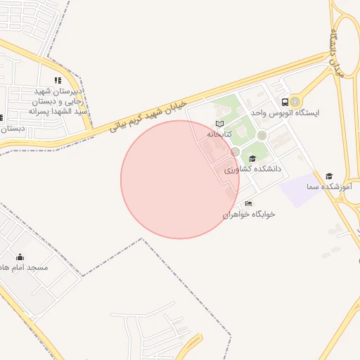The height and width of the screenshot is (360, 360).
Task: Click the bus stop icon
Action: [x=285, y=102]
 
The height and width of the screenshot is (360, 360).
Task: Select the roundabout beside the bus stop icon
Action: [x=295, y=102]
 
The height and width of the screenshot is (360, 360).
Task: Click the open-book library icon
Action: [x=219, y=124]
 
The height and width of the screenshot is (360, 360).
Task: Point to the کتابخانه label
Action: [x=219, y=134]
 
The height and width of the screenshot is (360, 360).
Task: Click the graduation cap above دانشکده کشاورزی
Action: [x=252, y=158]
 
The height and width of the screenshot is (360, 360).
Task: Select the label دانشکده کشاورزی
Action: [x=252, y=169]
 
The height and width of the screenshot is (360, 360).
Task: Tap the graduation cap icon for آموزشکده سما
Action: [x=329, y=176]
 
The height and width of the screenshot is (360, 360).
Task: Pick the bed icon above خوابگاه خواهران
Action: [x=248, y=204]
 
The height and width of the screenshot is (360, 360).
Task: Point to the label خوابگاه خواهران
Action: [x=250, y=214]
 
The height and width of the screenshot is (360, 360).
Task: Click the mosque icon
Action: [x=19, y=257]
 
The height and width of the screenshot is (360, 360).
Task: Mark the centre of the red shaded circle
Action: [x=180, y=179]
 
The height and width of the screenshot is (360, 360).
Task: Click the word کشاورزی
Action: [x=238, y=169]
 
